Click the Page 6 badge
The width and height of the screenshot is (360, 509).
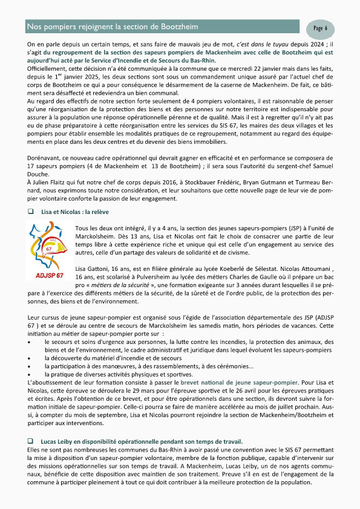pyautogui.click(x=321, y=28)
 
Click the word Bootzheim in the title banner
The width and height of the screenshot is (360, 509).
pyautogui.click(x=177, y=27)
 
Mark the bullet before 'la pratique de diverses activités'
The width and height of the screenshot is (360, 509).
pyautogui.click(x=31, y=375)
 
